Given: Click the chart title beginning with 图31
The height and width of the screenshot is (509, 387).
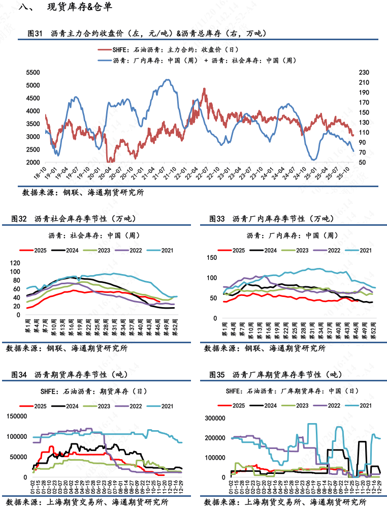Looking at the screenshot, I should [x=147, y=34].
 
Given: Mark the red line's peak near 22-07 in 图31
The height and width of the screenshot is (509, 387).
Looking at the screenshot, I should [x=204, y=89].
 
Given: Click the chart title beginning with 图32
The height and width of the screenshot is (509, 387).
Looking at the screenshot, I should [x=74, y=219].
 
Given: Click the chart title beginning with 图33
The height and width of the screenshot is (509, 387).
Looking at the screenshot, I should [x=272, y=219].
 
